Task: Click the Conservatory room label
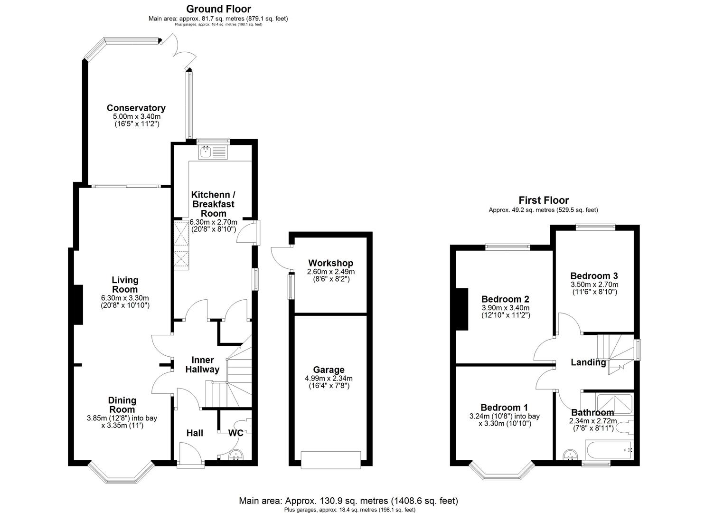(x=136, y=108)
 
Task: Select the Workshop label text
(x=330, y=263)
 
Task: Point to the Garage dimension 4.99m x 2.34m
(x=329, y=379)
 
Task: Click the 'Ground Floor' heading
(x=218, y=9)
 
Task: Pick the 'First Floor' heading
(x=543, y=200)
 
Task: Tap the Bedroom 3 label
(x=594, y=276)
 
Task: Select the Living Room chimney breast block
(x=77, y=304)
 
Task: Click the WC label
(x=236, y=433)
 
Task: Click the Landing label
(x=588, y=362)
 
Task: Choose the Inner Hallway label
(x=202, y=365)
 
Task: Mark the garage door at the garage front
(x=330, y=459)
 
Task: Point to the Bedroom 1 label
(x=504, y=408)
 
